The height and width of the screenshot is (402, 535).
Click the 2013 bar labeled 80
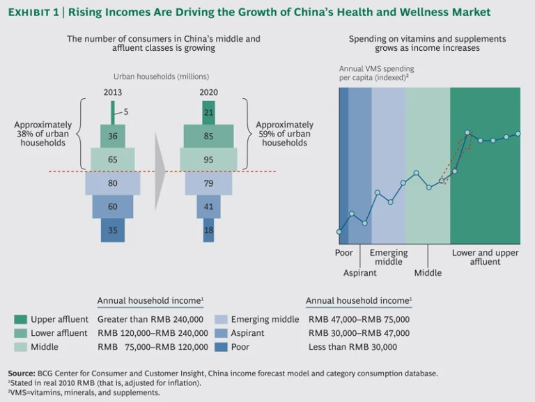click(x=113, y=183)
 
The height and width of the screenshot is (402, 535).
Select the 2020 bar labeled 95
click(x=208, y=160)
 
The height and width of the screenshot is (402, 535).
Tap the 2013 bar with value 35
click(x=113, y=231)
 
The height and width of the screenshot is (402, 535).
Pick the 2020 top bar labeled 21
click(x=208, y=111)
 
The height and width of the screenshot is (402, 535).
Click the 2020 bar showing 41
click(x=208, y=207)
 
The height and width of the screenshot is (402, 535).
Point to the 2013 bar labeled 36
click(x=113, y=136)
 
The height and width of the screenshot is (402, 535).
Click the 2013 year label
click(x=113, y=91)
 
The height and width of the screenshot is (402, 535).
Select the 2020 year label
click(x=208, y=91)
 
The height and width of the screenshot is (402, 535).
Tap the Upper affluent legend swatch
click(x=20, y=319)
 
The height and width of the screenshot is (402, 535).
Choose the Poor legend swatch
click(x=220, y=347)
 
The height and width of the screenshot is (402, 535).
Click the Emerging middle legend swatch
click(x=220, y=319)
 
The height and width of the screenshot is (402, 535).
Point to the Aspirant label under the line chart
click(x=359, y=273)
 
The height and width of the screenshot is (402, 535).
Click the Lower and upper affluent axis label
click(x=485, y=257)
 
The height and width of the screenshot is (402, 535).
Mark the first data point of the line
click(x=339, y=232)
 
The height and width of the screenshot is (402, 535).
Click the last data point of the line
click(x=518, y=133)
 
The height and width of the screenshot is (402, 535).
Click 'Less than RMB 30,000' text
click(x=352, y=347)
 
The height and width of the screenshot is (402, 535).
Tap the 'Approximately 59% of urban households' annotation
click(x=284, y=134)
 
